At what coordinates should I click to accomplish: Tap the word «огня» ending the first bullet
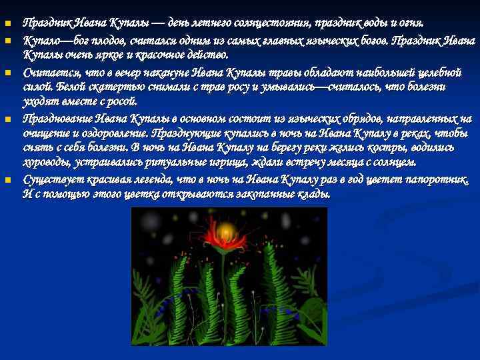pyautogui.click(x=412, y=24)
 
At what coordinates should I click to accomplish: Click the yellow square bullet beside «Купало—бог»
pyautogui.click(x=7, y=41)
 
